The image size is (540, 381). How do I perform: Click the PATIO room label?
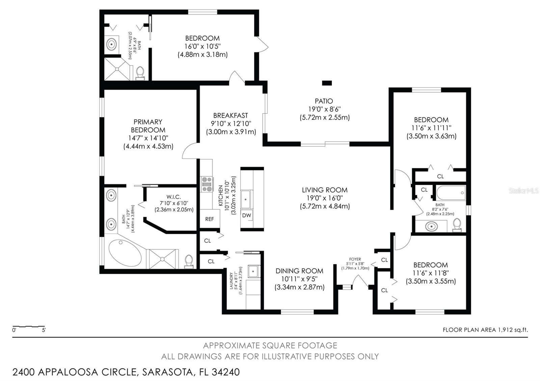tap(324, 101)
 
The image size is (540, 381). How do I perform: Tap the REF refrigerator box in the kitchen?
tap(210, 219)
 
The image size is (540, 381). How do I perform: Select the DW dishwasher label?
tap(247, 215)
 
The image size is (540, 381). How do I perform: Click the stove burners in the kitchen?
tap(207, 184)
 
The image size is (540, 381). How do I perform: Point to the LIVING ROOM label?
tap(325, 190)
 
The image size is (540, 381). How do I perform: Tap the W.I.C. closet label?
tap(173, 197)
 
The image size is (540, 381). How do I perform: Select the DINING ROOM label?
tap(299, 271)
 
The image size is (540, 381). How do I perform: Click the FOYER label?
tap(355, 259)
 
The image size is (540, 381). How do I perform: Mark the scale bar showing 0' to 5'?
tap(29, 327)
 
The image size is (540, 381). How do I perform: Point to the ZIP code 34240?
tap(226, 372)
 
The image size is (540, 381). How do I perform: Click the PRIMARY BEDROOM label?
tap(148, 126)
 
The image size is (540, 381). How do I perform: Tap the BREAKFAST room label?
tap(231, 116)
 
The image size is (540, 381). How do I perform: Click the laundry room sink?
tap(253, 271)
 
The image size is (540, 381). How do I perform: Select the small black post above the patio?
tap(327, 83)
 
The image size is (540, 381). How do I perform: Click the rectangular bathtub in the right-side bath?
tap(451, 193)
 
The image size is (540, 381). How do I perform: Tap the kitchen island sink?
tap(246, 199)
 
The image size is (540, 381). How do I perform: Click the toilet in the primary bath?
tap(189, 262)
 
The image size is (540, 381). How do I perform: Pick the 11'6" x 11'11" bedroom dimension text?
tap(431, 128)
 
